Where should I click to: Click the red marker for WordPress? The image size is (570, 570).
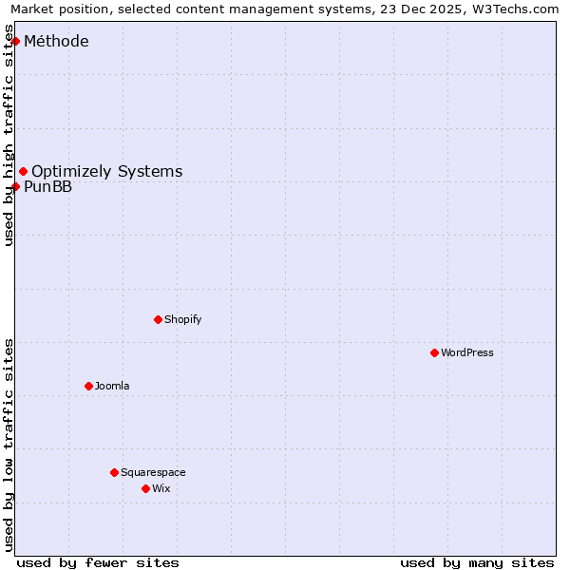(x=434, y=352)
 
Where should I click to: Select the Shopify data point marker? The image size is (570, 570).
(x=158, y=319)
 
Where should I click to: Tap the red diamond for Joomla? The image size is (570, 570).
(x=88, y=386)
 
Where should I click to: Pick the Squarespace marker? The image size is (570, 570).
(x=114, y=472)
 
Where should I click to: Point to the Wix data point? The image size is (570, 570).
(x=145, y=488)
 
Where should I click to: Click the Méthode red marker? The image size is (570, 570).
(x=15, y=41)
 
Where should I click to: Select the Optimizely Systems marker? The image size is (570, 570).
(x=23, y=171)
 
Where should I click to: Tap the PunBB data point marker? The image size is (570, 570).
(x=15, y=186)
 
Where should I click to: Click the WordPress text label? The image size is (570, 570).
(x=467, y=352)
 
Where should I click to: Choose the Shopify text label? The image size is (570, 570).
(x=183, y=319)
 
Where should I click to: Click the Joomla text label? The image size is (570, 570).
(x=112, y=386)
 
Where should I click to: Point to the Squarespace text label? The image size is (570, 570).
(x=153, y=472)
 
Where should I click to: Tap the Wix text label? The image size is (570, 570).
(x=161, y=488)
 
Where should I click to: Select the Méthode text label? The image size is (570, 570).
(x=56, y=41)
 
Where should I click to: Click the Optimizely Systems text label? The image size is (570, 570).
(x=106, y=171)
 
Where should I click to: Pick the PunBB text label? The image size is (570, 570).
(x=47, y=186)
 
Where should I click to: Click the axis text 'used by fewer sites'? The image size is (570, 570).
(x=98, y=562)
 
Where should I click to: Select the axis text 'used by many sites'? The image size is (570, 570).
(x=477, y=562)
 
